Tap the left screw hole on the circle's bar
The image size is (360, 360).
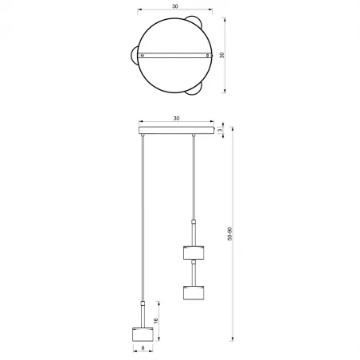[x=142, y=55]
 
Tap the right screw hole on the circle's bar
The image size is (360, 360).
[x=208, y=55]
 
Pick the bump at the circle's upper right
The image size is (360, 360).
[x=193, y=20]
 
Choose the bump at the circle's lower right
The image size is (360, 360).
[x=194, y=91]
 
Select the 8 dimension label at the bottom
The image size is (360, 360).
[x=141, y=347]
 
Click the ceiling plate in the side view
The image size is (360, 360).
[x=176, y=129]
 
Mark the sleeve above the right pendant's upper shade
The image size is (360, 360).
[x=192, y=230]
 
